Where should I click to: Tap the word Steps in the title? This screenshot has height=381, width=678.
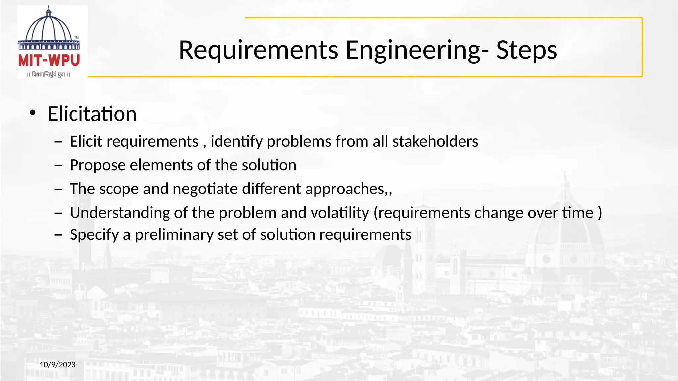click(x=526, y=50)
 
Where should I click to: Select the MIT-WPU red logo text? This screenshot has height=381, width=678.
click(x=49, y=61)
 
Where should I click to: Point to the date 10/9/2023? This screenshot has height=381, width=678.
click(x=58, y=365)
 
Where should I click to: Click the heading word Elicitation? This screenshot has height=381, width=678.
click(x=92, y=114)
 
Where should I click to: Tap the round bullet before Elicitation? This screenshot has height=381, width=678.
click(x=32, y=113)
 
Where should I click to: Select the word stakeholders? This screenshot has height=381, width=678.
click(x=435, y=141)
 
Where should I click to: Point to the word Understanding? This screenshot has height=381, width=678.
click(x=120, y=213)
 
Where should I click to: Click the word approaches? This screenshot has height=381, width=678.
click(x=345, y=189)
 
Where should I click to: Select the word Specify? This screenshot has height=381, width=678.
click(x=94, y=235)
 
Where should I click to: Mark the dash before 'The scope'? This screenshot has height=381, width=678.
click(x=58, y=189)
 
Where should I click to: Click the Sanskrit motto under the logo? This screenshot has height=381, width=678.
click(x=49, y=75)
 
